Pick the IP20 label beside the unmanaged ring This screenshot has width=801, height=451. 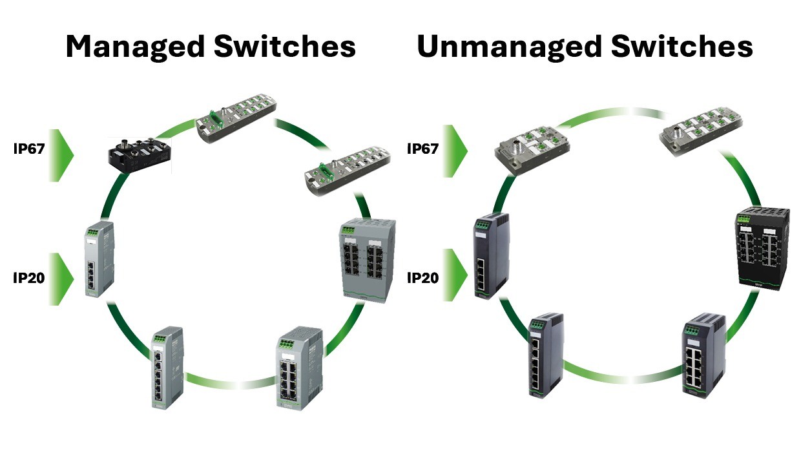coord(422,278)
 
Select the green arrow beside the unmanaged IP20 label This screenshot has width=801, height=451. coord(455,275)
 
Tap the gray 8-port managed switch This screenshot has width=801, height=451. coord(299,369)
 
